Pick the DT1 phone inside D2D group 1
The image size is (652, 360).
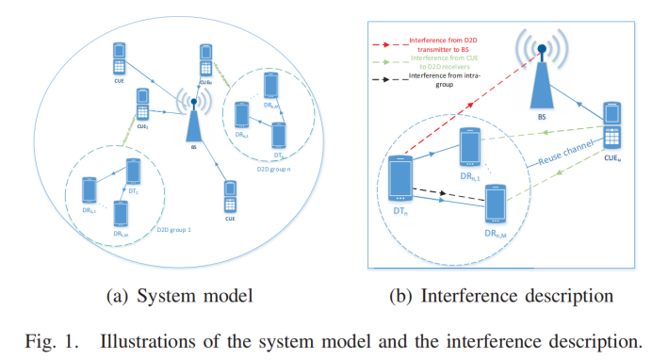click(134, 172)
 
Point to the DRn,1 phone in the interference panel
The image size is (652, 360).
click(472, 146)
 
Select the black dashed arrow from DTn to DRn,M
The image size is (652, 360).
click(448, 195)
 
